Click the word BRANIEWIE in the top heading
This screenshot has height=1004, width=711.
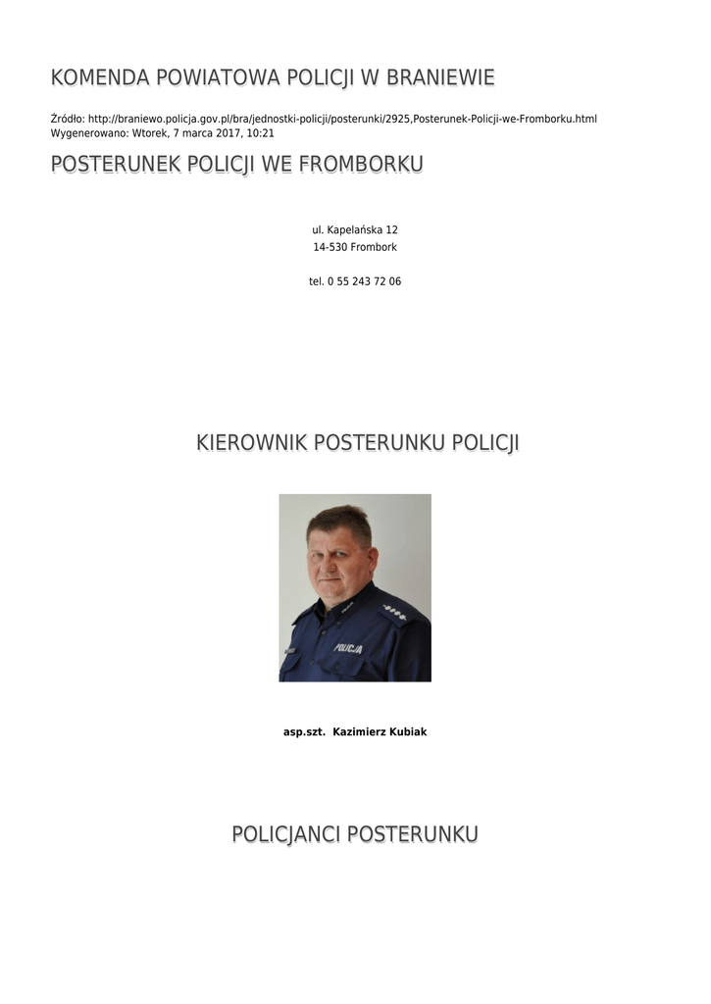click(440, 77)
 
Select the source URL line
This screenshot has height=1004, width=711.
click(324, 119)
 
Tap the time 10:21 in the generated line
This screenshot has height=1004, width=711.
click(260, 132)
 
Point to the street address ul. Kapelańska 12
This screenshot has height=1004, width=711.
click(355, 229)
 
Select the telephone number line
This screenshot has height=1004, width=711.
click(355, 281)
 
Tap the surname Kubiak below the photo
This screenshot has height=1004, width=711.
click(404, 731)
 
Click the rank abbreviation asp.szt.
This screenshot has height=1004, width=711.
click(303, 731)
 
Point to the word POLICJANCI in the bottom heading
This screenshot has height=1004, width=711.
click(286, 834)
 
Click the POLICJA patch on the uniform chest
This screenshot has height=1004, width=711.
click(347, 648)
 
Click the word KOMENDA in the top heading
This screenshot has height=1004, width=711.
click(99, 77)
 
